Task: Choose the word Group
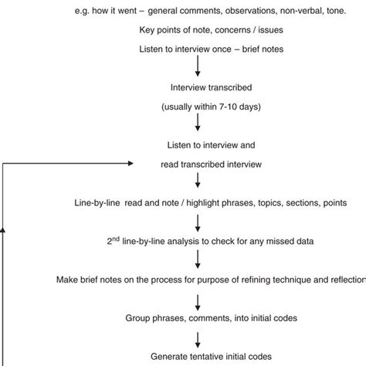click(139, 317)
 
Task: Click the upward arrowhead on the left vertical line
click(5, 229)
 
